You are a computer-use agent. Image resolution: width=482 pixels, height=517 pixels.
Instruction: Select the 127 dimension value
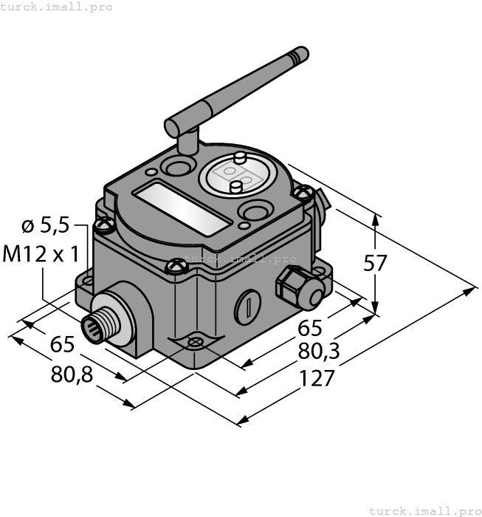[317, 378]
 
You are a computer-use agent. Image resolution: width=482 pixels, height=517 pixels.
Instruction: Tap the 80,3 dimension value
[318, 352]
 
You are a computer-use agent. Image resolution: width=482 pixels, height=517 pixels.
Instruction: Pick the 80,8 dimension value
[72, 374]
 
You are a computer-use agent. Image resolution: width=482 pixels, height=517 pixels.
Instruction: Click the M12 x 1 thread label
[41, 254]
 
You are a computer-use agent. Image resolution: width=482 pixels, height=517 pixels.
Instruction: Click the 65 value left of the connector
[62, 345]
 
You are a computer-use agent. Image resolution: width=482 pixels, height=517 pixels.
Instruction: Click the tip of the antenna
[300, 52]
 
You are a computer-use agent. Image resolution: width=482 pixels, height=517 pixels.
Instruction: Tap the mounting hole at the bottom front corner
[195, 342]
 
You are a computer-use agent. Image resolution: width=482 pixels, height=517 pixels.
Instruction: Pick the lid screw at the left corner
[105, 220]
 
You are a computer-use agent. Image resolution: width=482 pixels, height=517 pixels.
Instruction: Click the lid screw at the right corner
[300, 193]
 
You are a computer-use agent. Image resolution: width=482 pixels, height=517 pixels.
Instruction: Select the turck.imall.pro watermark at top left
[57, 7]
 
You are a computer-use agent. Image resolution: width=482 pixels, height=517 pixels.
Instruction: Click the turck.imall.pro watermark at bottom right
[424, 510]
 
